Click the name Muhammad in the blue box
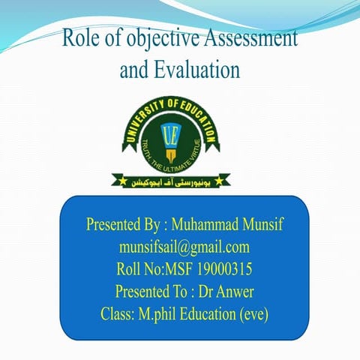pos(209,225)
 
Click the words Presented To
pos(148,290)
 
